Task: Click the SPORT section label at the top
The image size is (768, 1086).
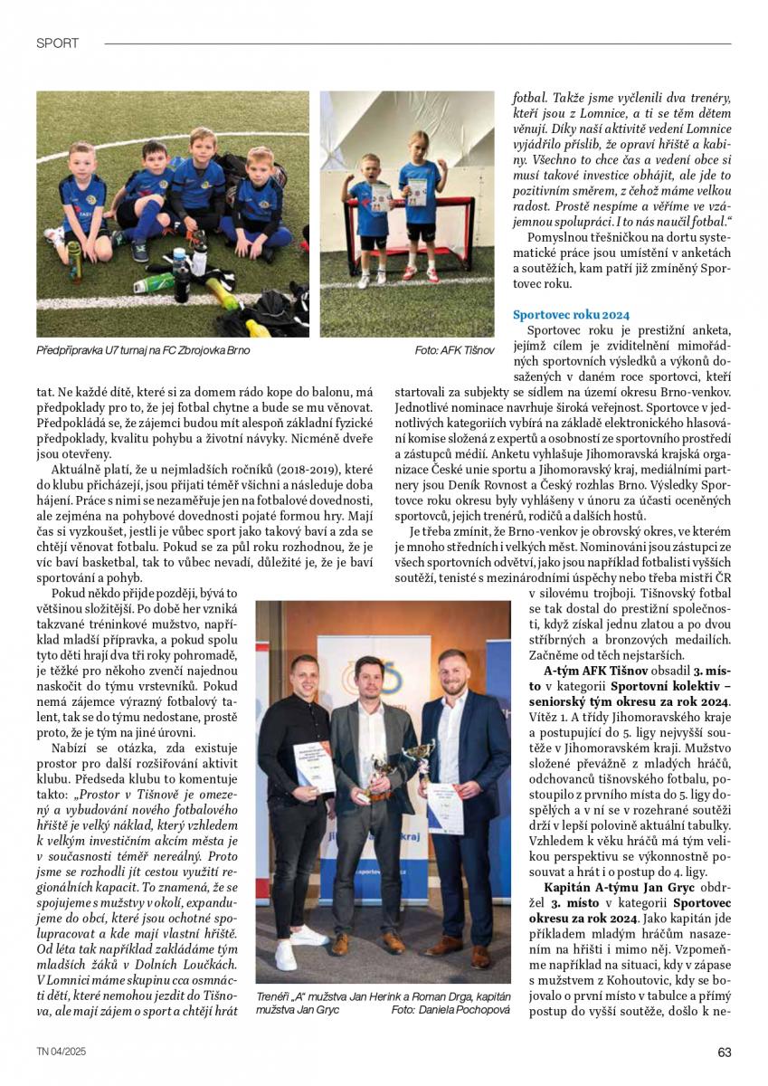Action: pyautogui.click(x=57, y=43)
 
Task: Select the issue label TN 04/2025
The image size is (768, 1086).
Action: pyautogui.click(x=62, y=1052)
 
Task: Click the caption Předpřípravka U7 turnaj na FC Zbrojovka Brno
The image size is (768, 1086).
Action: pyautogui.click(x=143, y=350)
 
